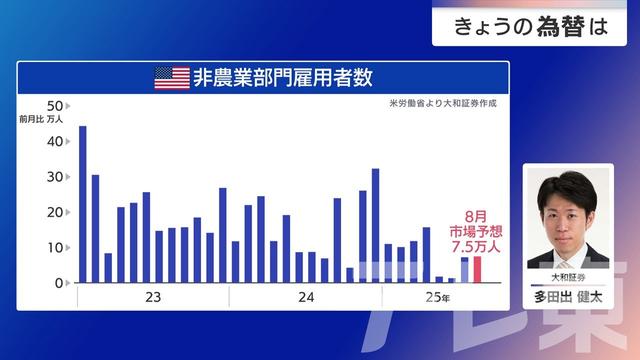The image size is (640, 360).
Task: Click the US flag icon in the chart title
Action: [171, 78]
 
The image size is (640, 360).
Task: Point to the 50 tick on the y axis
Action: [56, 106]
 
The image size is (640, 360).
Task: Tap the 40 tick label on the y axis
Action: [56, 142]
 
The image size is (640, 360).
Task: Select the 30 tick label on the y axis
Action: [56, 177]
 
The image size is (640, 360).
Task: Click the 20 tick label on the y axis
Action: [56, 213]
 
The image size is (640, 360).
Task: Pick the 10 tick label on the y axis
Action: [56, 248]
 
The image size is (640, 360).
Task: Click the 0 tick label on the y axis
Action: [60, 283]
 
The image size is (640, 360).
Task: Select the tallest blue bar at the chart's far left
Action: [82, 204]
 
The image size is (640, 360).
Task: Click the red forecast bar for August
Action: [477, 270]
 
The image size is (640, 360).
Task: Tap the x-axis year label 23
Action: [152, 298]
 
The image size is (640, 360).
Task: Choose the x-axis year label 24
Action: [306, 298]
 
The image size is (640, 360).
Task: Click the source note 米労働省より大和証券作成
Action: [443, 103]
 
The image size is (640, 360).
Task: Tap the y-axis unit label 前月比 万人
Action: [41, 120]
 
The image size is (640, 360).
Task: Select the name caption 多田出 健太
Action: [568, 297]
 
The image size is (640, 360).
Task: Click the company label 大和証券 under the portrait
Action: [568, 276]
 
